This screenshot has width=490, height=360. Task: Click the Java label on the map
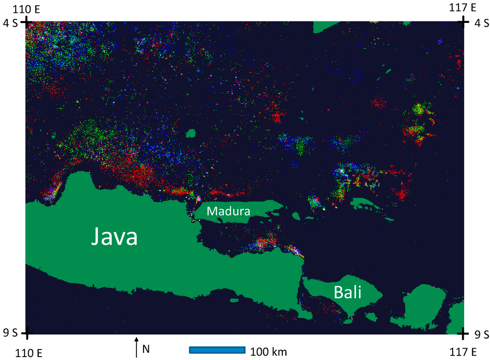[x=114, y=237]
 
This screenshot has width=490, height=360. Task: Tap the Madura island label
[x=228, y=211]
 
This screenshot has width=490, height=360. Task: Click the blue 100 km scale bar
[x=217, y=350]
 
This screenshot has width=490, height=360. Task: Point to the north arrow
[x=136, y=348]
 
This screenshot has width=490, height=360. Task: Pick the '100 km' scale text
[x=268, y=352]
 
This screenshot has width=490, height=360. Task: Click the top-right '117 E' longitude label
[x=463, y=8]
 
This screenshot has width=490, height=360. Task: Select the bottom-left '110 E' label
[x=29, y=353]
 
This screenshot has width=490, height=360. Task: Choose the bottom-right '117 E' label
[x=463, y=352]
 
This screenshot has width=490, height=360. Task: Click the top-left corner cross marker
[x=27, y=21]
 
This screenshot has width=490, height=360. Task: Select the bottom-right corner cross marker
[x=463, y=333]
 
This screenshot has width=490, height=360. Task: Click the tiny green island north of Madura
[x=191, y=132]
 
